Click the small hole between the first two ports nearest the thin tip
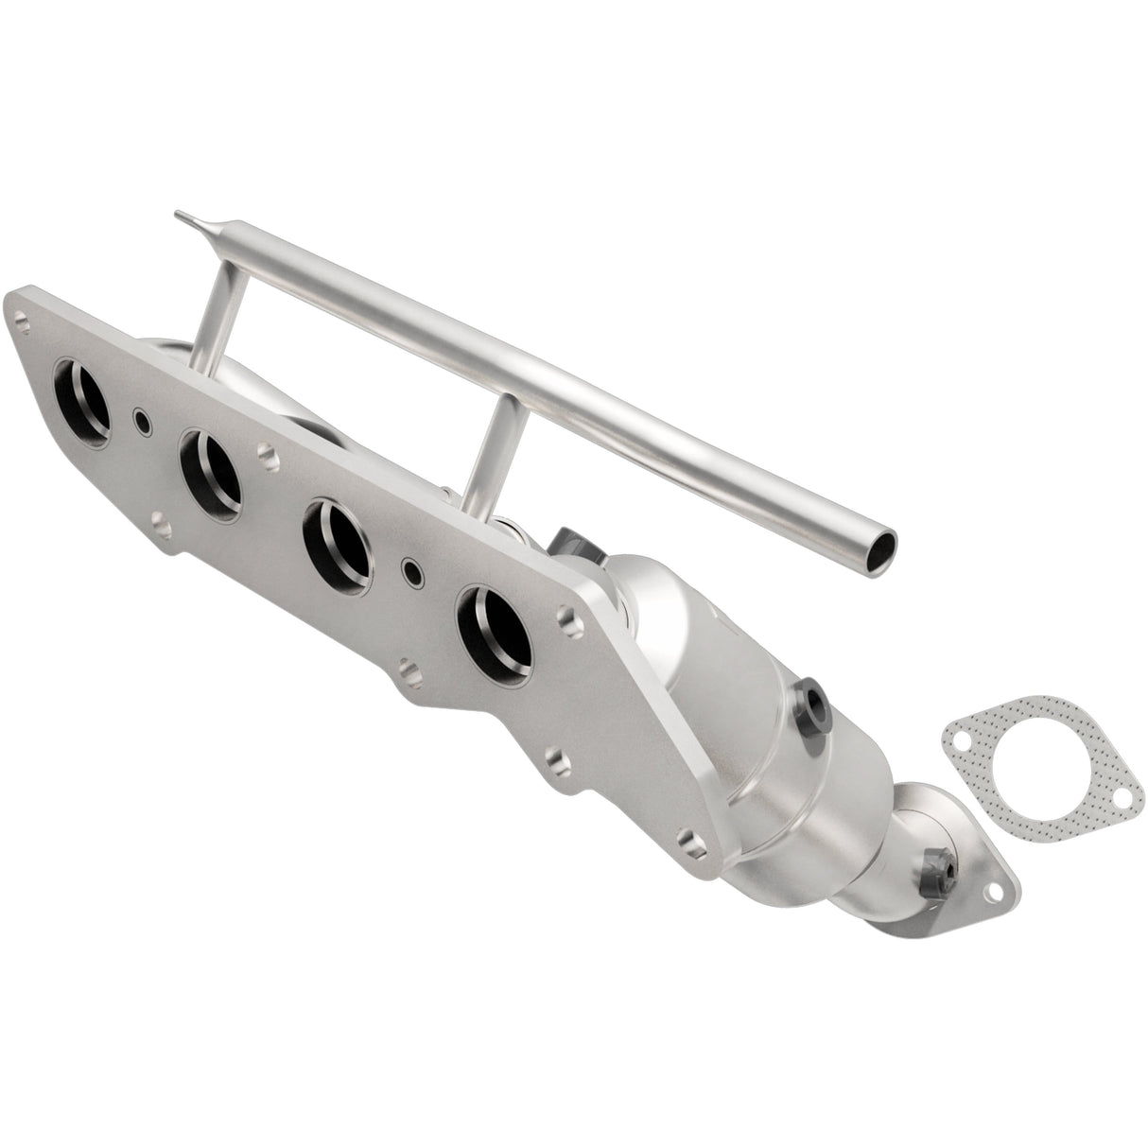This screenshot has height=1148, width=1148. pyautogui.click(x=142, y=419)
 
